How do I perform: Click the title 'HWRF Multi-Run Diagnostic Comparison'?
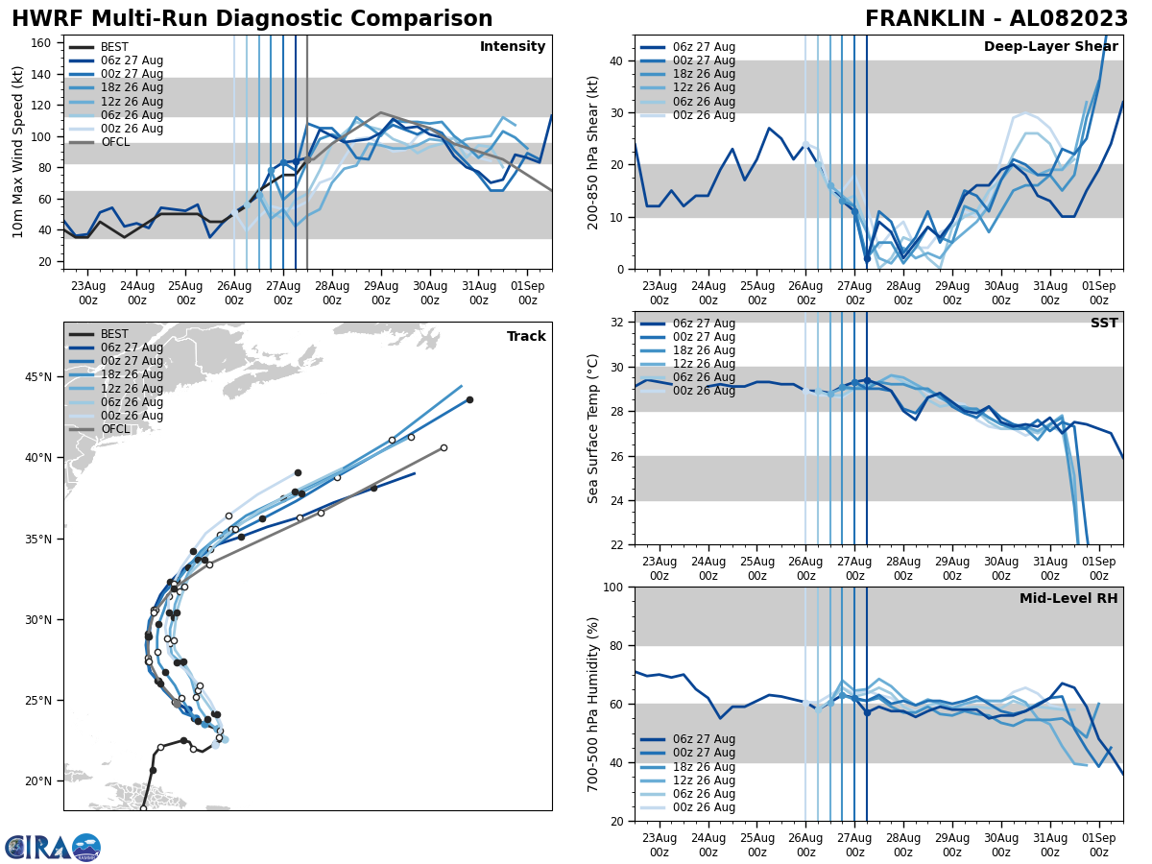(252, 19)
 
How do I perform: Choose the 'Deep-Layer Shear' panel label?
(1050, 47)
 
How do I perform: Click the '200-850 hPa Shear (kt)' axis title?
(592, 152)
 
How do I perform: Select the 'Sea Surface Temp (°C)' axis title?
(593, 428)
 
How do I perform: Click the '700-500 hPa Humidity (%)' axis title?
(592, 704)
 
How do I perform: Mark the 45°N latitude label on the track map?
(38, 376)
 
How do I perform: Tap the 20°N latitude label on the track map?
(38, 780)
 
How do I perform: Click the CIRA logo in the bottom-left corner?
(53, 847)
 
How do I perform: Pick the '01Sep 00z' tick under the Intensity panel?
(527, 293)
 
